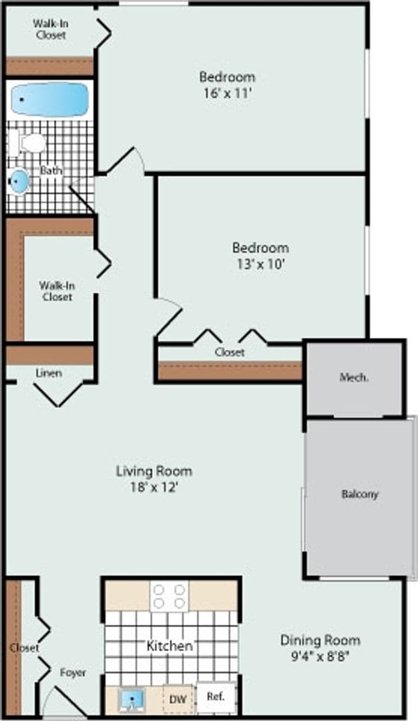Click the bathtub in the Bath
click(x=50, y=99)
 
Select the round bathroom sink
click(x=20, y=182)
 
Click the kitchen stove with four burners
click(x=169, y=596)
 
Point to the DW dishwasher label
click(x=177, y=699)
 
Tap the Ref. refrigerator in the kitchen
click(x=215, y=696)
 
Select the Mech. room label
click(x=354, y=377)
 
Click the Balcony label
click(x=360, y=495)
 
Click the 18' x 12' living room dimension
click(x=154, y=487)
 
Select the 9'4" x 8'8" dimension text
click(x=320, y=656)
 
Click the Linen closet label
click(x=49, y=373)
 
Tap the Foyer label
click(x=73, y=672)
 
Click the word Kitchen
click(x=170, y=646)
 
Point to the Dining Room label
click(x=320, y=640)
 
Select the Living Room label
click(x=154, y=471)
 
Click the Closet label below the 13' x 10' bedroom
click(x=229, y=352)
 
